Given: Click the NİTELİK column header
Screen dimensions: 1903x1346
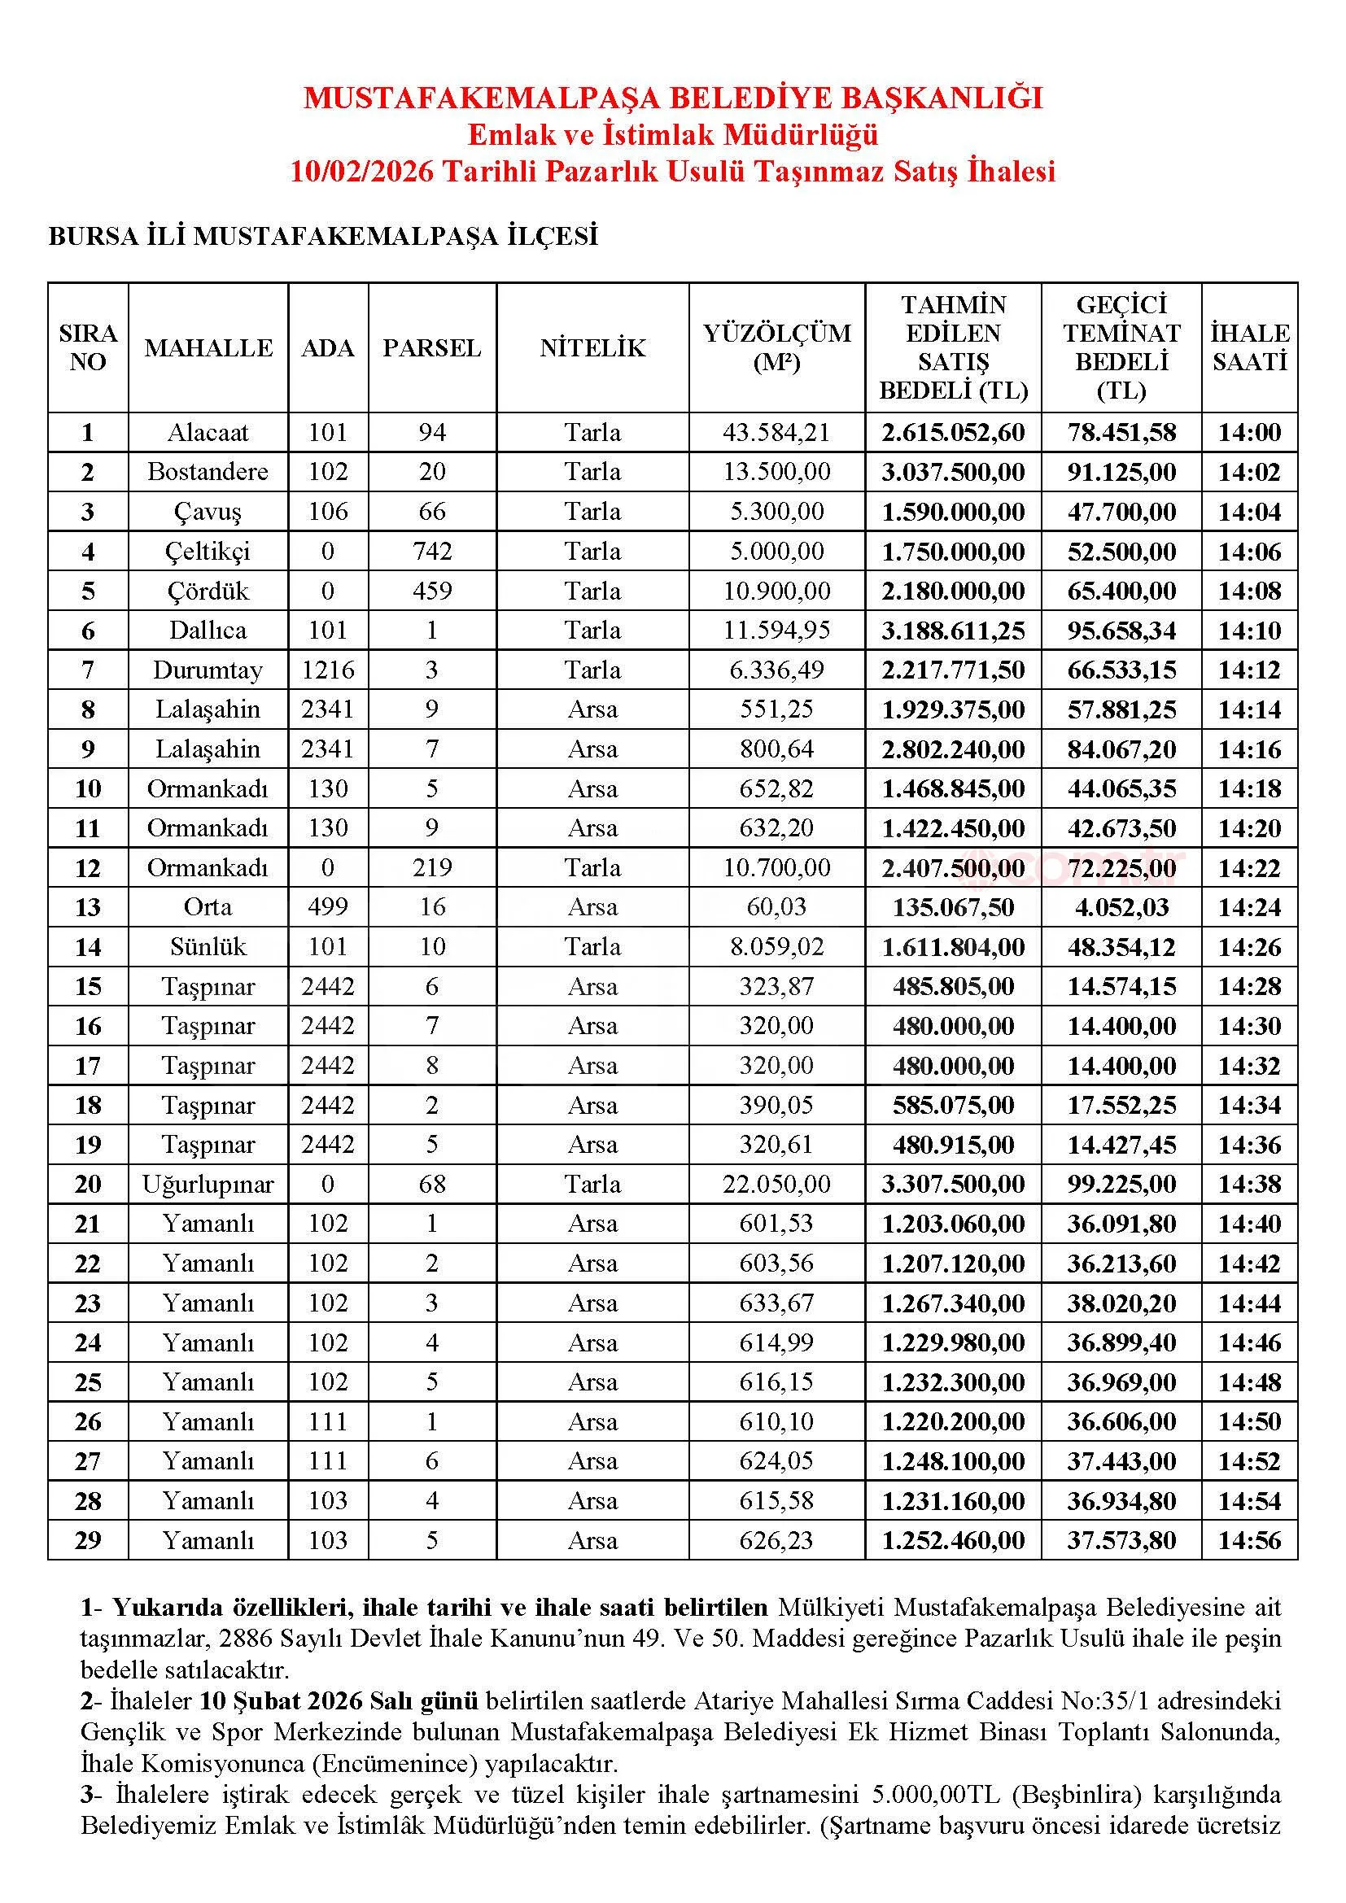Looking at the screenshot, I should point(592,348).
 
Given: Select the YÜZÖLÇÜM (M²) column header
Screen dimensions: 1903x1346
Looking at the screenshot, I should point(776,347).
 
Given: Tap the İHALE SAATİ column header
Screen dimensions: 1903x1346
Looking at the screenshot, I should point(1249,347).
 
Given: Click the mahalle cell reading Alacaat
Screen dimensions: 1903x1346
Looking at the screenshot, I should point(208,433).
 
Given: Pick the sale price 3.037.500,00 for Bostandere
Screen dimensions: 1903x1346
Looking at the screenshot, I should point(953,473).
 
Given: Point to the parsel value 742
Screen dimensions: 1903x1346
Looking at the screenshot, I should point(432,551).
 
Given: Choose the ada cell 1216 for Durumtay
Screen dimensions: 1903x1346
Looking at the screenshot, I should point(328,670).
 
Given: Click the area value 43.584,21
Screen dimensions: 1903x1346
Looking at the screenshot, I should point(776,433).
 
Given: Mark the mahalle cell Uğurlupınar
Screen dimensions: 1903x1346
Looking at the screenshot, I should point(208,1185).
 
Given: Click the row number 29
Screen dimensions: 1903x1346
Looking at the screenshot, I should point(88,1541).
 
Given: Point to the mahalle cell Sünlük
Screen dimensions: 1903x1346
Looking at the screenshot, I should point(208,946).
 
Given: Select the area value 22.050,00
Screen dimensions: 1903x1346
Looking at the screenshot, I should point(776,1185).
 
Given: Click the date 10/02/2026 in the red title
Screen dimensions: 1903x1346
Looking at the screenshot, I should point(361,172).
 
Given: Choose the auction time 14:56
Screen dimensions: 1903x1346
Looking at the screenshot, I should point(1249,1541).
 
